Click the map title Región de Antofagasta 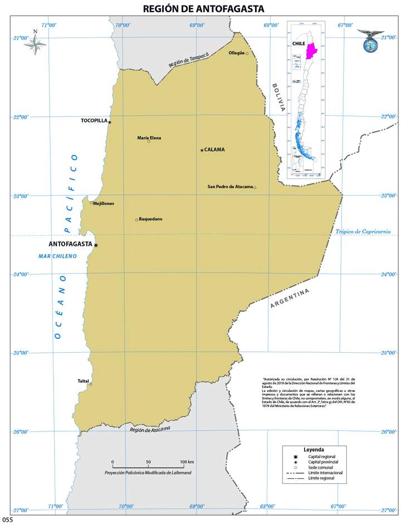[203, 8]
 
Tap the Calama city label [214, 150]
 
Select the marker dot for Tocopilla [110, 122]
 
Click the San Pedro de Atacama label [230, 187]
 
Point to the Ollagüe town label [237, 53]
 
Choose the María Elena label [149, 138]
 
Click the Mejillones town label [104, 203]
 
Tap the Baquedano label [150, 219]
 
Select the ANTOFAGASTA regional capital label [70, 244]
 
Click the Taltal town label [83, 381]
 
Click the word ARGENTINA [290, 299]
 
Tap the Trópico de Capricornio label [363, 232]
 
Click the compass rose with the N [36, 45]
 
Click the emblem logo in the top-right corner [370, 41]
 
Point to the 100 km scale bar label [187, 462]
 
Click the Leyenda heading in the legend [314, 449]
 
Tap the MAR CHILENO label [57, 256]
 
